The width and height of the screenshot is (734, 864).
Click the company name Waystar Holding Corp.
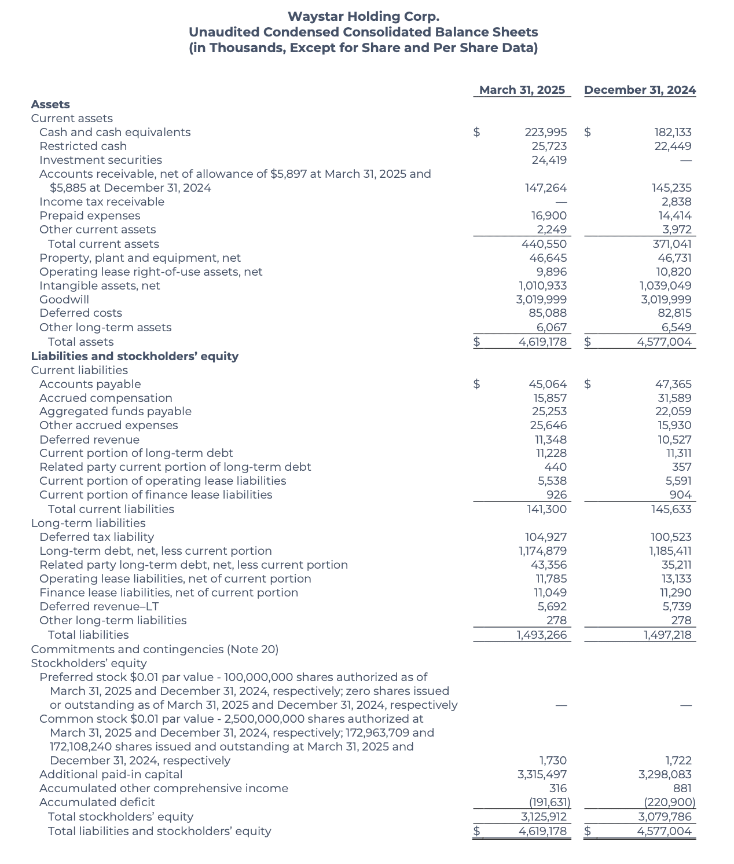(363, 17)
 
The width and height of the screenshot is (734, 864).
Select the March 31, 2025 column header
(522, 90)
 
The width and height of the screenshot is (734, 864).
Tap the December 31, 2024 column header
(640, 90)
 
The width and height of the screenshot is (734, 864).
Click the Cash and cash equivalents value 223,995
(545, 132)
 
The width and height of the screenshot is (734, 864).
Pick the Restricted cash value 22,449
(673, 146)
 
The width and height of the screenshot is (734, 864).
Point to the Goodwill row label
(64, 299)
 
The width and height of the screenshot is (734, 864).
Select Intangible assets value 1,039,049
(665, 285)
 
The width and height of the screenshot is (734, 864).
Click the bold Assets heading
(50, 104)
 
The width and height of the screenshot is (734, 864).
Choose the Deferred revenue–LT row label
(99, 606)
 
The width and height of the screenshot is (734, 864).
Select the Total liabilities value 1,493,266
(541, 635)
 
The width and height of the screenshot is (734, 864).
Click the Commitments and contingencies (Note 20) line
(155, 649)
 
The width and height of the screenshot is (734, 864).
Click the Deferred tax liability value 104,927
(545, 537)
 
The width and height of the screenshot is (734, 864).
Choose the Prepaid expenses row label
(90, 215)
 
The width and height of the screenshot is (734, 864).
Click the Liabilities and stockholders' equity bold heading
(134, 356)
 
